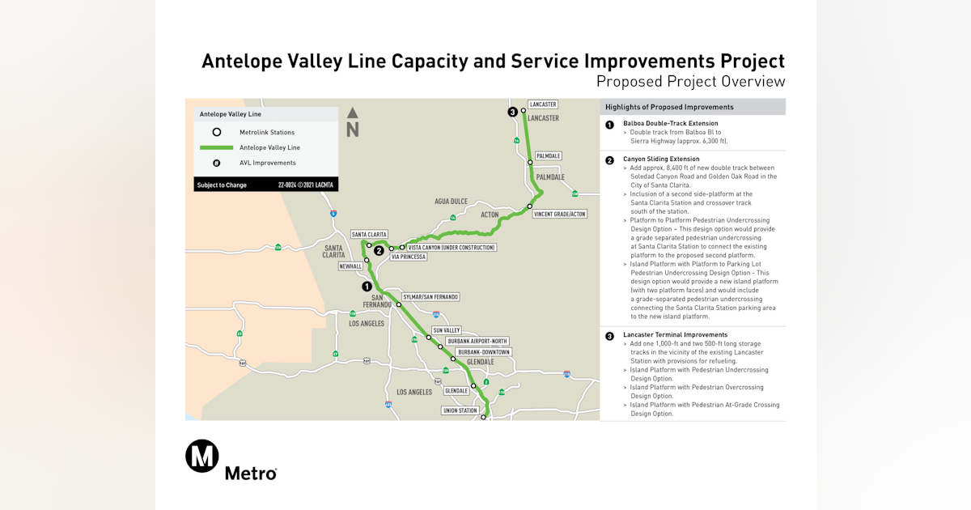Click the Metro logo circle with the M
[202, 456]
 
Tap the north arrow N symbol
[353, 123]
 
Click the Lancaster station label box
[542, 104]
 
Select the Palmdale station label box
[548, 155]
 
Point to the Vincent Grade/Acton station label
[560, 214]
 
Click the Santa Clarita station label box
[369, 234]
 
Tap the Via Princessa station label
[408, 257]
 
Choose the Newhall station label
[350, 266]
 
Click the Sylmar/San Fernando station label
[430, 297]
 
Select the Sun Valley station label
[446, 330]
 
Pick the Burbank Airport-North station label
[477, 342]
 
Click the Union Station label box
[460, 410]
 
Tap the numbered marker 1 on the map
[367, 287]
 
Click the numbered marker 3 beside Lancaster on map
[512, 112]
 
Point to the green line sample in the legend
[216, 147]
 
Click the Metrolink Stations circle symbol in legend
[216, 132]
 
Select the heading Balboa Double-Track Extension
[670, 123]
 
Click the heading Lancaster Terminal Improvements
[675, 334]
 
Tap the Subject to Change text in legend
[221, 185]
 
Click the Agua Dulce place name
[452, 201]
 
